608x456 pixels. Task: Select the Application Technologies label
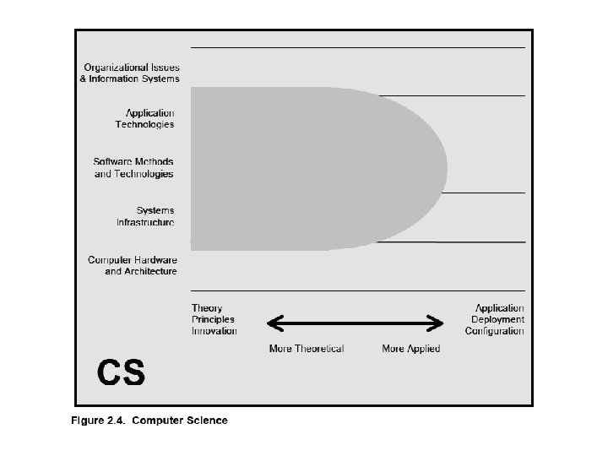pyautogui.click(x=145, y=118)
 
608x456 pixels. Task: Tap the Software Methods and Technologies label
pyautogui.click(x=133, y=167)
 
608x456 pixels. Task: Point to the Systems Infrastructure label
pyautogui.click(x=145, y=216)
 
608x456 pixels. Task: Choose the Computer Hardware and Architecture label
pyautogui.click(x=133, y=265)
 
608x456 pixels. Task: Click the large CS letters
pyautogui.click(x=121, y=372)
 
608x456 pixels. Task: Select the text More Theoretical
pyautogui.click(x=307, y=349)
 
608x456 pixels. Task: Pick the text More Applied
pyautogui.click(x=410, y=349)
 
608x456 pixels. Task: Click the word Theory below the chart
pyautogui.click(x=207, y=308)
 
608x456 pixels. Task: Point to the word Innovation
pyautogui.click(x=214, y=331)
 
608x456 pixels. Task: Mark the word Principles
pyautogui.click(x=213, y=320)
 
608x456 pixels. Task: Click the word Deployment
pyautogui.click(x=497, y=320)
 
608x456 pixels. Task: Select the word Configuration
pyautogui.click(x=495, y=331)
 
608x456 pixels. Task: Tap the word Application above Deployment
pyautogui.click(x=499, y=308)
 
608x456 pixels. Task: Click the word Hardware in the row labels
pyautogui.click(x=155, y=260)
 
